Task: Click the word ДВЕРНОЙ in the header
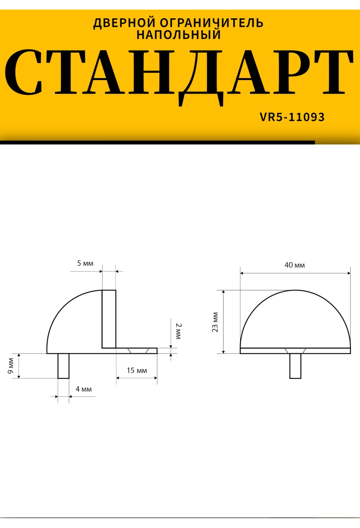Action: tap(124, 23)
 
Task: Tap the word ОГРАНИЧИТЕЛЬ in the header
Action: tap(212, 23)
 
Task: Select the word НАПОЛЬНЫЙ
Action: tap(179, 34)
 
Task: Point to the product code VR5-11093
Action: tap(292, 117)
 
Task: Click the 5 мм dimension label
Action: tap(85, 263)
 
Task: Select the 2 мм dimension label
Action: tap(178, 331)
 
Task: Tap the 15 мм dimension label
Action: tap(137, 370)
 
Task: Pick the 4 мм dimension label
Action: tap(84, 389)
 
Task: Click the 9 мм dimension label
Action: tap(10, 366)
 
